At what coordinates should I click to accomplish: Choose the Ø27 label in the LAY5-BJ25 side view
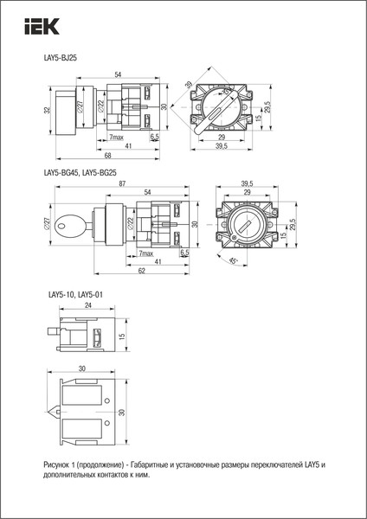[x=80, y=106]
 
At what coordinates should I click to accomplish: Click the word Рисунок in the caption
[x=59, y=465]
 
